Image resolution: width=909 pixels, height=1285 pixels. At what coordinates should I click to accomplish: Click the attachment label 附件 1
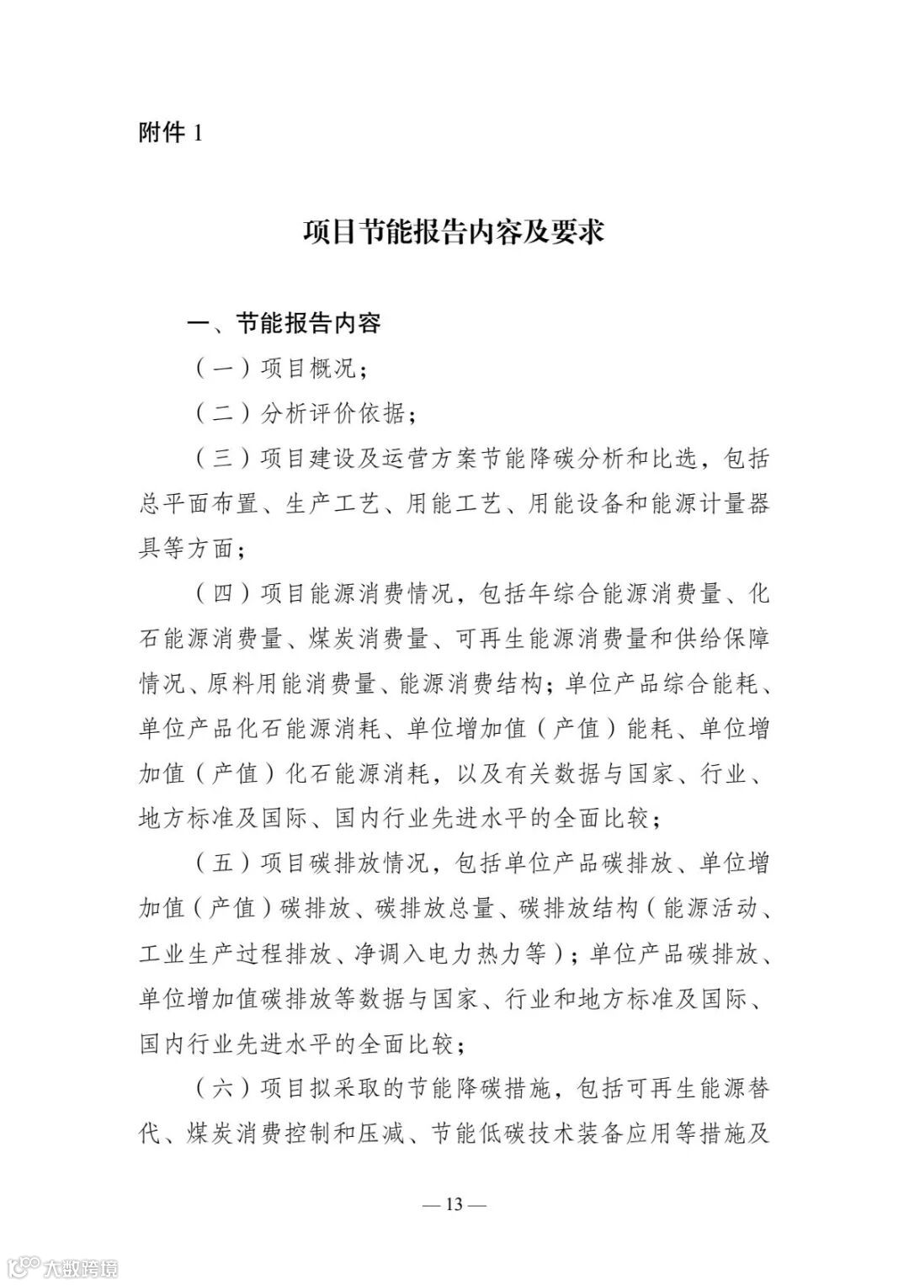click(170, 133)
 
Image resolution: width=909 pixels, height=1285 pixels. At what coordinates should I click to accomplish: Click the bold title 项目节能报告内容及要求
click(454, 231)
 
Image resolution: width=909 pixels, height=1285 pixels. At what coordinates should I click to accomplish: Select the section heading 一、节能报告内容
click(284, 323)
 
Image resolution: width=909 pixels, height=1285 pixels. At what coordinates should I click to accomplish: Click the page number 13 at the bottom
click(454, 1204)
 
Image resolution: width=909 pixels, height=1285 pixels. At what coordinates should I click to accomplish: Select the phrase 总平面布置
click(195, 504)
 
